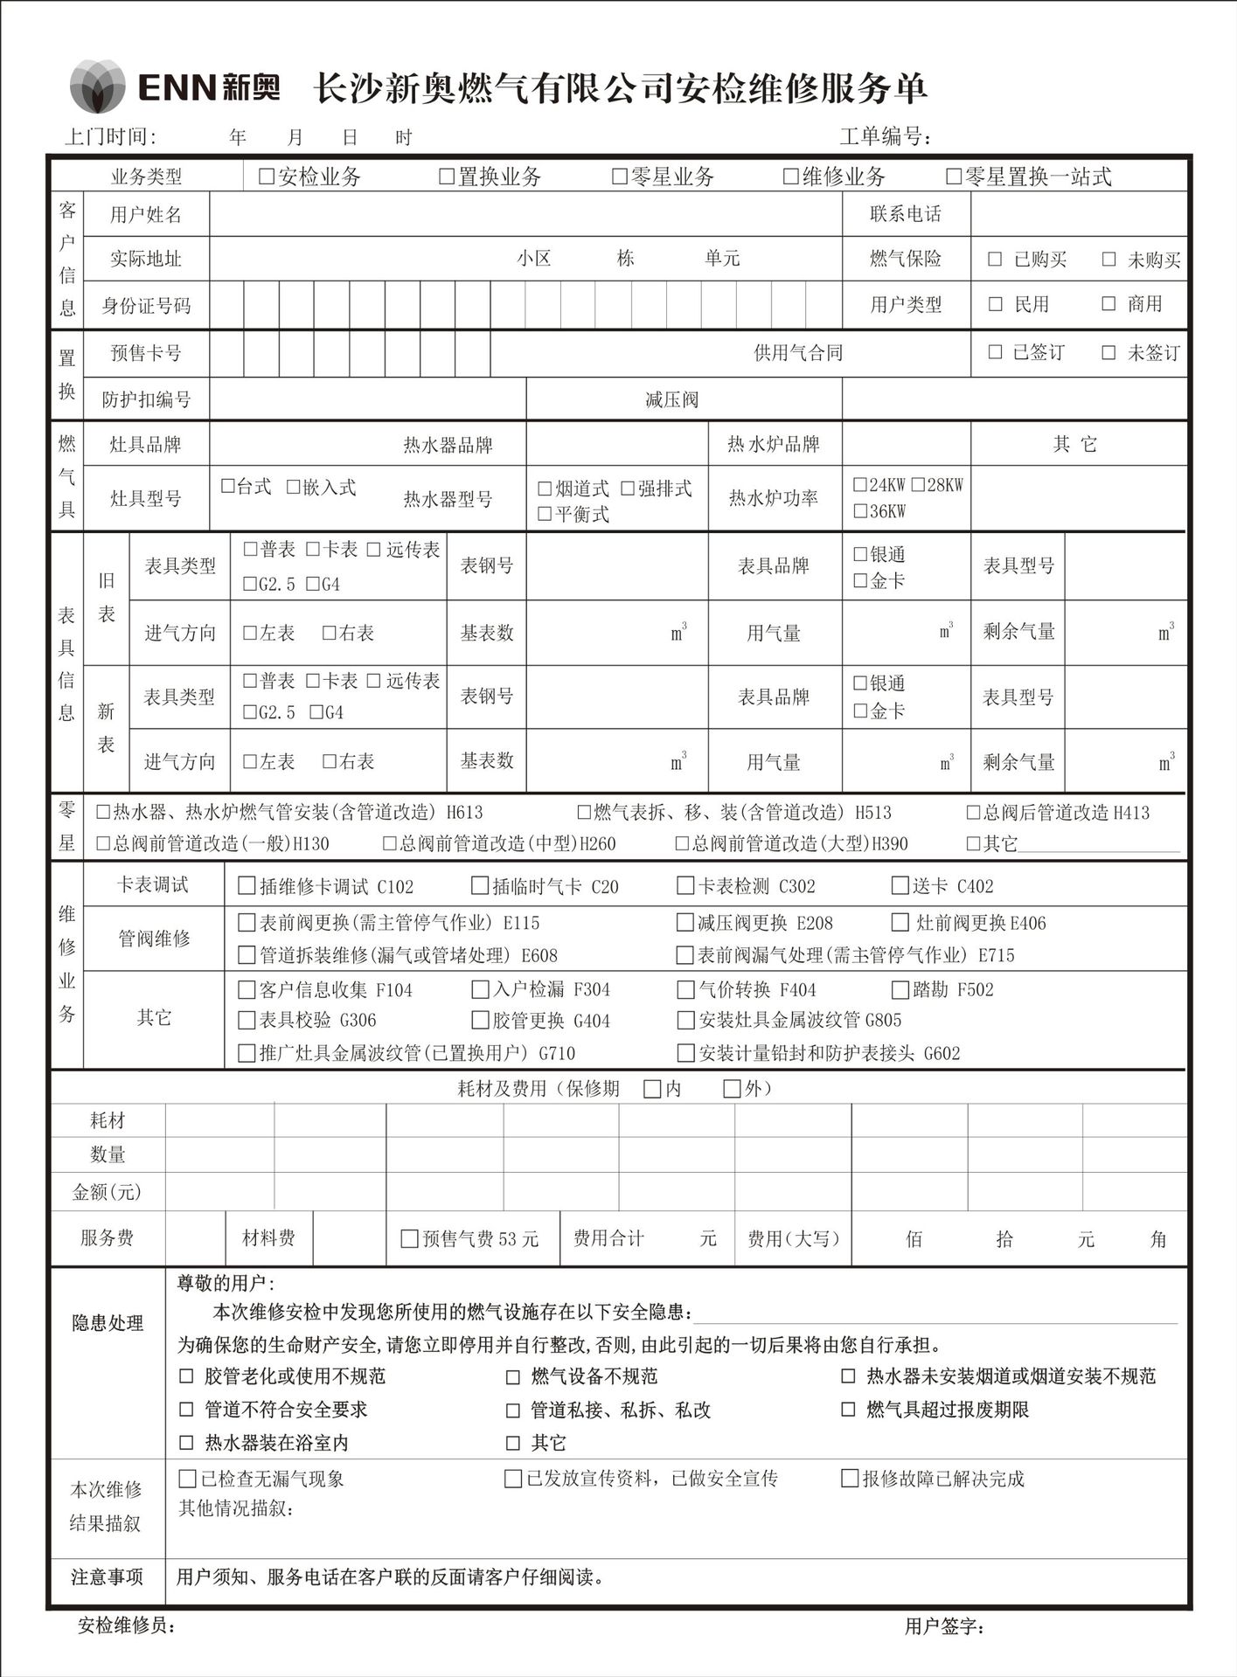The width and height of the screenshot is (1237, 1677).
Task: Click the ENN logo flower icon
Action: point(97,86)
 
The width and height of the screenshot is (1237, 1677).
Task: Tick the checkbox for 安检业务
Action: point(267,177)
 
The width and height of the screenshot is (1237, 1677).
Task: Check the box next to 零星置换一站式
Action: point(954,177)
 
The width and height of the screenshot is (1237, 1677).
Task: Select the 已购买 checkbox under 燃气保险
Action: point(995,259)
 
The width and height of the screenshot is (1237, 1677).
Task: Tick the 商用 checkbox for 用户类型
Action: point(1108,303)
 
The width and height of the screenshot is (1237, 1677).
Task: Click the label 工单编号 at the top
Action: point(884,136)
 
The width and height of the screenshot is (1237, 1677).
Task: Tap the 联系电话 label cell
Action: point(905,214)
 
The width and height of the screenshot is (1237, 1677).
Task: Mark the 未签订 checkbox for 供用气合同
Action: point(1108,352)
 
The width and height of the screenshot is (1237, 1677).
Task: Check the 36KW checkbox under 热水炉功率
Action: point(860,511)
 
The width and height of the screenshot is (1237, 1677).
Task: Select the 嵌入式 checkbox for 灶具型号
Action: point(294,487)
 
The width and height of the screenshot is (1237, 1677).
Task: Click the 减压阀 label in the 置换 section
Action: point(671,400)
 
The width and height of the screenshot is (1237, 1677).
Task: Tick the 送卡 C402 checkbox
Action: point(900,885)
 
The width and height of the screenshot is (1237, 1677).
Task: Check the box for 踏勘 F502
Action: point(900,989)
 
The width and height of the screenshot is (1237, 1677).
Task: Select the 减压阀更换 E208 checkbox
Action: point(685,922)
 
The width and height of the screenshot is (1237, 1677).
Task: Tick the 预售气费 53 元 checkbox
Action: point(408,1238)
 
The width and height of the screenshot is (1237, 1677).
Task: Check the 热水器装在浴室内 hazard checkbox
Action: point(186,1443)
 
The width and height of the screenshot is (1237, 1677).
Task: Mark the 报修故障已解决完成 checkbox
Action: point(849,1479)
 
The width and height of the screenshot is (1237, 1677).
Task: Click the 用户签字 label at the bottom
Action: point(944,1626)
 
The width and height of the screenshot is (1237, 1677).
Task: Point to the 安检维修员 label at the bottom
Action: point(127,1625)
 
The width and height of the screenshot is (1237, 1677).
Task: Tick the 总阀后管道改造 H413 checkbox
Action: point(973,812)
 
